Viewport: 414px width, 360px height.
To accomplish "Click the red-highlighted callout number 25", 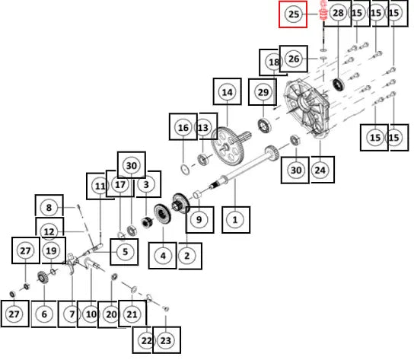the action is coord(293,14).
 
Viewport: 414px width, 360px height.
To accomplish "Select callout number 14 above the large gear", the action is coord(227,92).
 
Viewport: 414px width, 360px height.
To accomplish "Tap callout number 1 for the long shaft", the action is coord(235,219).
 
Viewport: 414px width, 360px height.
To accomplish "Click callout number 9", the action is coord(199,219).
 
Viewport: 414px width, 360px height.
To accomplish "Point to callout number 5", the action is coord(125,252).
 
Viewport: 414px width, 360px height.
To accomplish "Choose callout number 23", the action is coord(166,340).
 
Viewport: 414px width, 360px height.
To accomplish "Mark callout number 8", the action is coord(49,208).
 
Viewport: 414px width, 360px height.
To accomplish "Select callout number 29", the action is coord(263,92).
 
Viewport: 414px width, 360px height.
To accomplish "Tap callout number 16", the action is coord(183,128).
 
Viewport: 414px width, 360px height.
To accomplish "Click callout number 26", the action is coord(294,59).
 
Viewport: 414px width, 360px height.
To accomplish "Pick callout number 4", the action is coord(163,256).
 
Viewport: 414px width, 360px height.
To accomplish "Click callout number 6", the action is coord(44,314).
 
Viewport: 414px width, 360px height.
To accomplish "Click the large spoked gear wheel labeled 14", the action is coord(228,146).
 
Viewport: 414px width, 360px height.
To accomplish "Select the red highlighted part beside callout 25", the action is coord(323,11).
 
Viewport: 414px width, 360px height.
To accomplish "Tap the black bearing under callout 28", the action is coord(338,84).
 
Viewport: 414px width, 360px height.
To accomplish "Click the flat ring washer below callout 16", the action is coord(185,169).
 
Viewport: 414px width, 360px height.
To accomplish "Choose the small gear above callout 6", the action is coord(42,278).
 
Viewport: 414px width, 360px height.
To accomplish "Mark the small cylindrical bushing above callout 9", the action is coord(197,196).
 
